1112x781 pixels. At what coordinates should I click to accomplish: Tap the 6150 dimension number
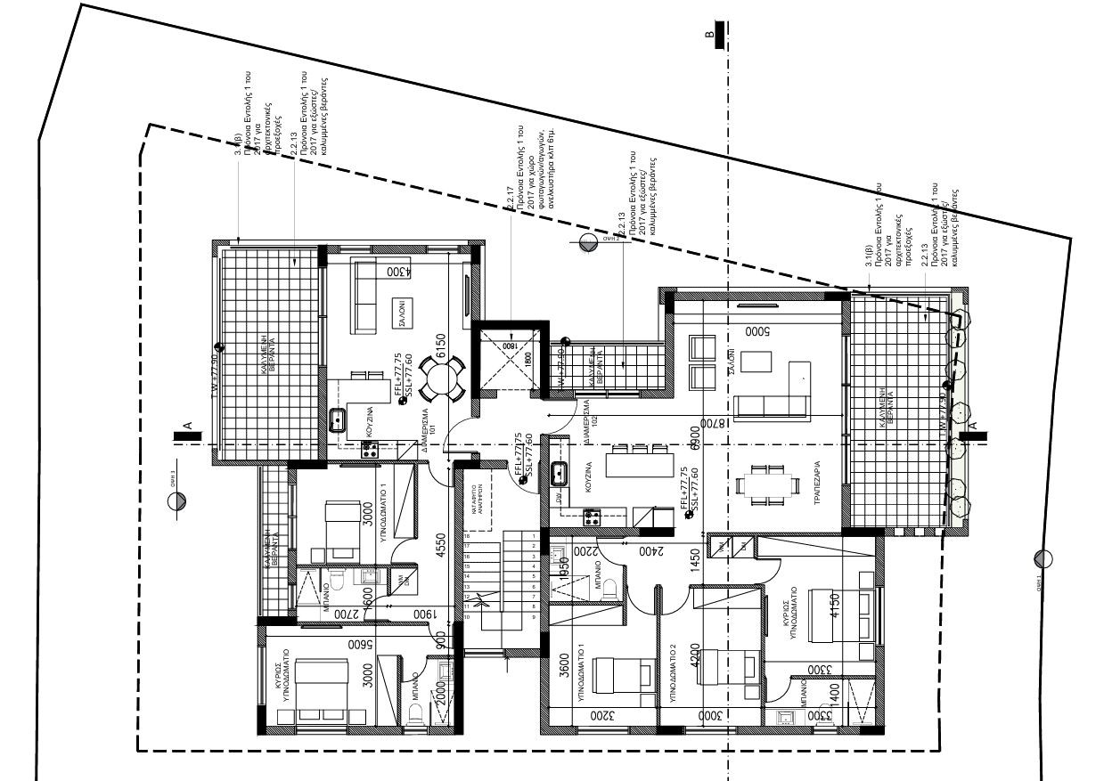click(438, 343)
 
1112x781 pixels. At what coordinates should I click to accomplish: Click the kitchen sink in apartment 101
click(339, 419)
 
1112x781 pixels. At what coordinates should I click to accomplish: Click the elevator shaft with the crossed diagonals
click(509, 360)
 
